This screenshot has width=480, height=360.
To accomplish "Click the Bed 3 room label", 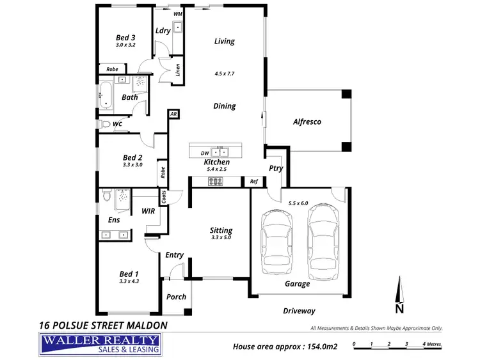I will pos(125,37).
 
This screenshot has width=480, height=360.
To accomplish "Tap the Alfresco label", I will pos(307,121).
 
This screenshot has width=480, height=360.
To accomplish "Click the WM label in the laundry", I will pos(177,13).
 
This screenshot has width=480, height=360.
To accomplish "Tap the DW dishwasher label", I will pos(204,153).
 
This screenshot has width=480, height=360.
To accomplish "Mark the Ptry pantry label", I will pos(276,169).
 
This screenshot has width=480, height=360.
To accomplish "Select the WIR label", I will pos(147,210).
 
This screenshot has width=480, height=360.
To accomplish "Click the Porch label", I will pos(176,297).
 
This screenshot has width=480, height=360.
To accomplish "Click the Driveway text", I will pos(299,311).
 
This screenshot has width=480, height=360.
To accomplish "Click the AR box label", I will pos(173,114).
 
